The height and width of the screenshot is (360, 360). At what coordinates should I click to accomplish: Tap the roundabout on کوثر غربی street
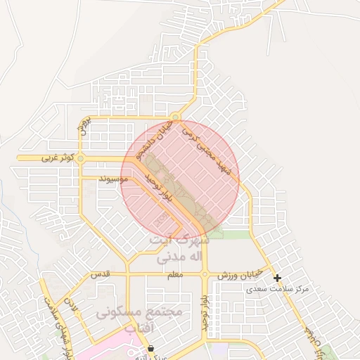pyautogui.click(x=80, y=159)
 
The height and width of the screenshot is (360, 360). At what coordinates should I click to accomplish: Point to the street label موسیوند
pyautogui.click(x=112, y=180)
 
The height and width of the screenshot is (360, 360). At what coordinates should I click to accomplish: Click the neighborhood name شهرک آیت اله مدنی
pyautogui.click(x=177, y=247)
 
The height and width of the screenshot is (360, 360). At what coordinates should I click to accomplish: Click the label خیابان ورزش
pyautogui.click(x=239, y=274)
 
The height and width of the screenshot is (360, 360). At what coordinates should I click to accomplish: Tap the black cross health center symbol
pyautogui.click(x=278, y=278)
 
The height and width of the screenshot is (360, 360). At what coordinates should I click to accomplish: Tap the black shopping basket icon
pyautogui.click(x=150, y=348)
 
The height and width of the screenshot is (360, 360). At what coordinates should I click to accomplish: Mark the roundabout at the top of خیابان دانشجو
pyautogui.click(x=176, y=117)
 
